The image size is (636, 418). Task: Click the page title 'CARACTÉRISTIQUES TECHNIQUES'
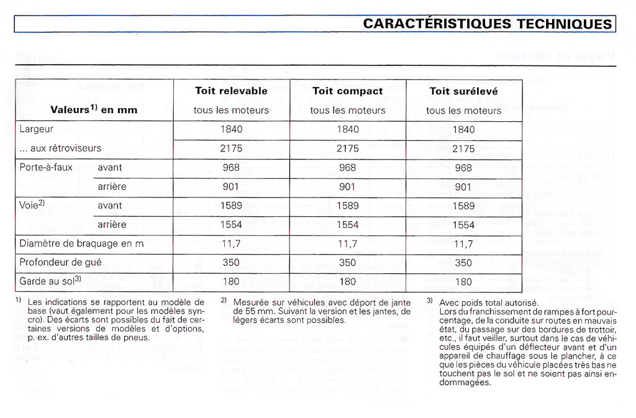[487, 24]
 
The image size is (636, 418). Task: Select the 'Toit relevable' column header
[231, 91]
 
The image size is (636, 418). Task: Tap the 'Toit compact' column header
[348, 91]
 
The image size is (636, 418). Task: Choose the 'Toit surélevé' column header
[463, 91]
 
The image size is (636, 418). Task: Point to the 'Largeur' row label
[37, 129]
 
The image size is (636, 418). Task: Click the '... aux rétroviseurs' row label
[61, 148]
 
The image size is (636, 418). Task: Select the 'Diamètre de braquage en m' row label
[81, 243]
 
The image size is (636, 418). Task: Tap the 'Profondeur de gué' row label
[60, 263]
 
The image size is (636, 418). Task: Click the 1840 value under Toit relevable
[231, 129]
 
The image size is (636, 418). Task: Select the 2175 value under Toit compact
[348, 148]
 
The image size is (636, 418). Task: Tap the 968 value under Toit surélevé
[463, 168]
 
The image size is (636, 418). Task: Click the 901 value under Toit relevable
[231, 186]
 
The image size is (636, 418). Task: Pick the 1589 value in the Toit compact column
[348, 206]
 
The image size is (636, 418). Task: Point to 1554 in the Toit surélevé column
[463, 225]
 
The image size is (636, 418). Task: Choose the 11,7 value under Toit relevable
[231, 243]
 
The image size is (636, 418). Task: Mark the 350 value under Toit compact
[348, 263]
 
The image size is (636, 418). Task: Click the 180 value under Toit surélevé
[463, 282]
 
